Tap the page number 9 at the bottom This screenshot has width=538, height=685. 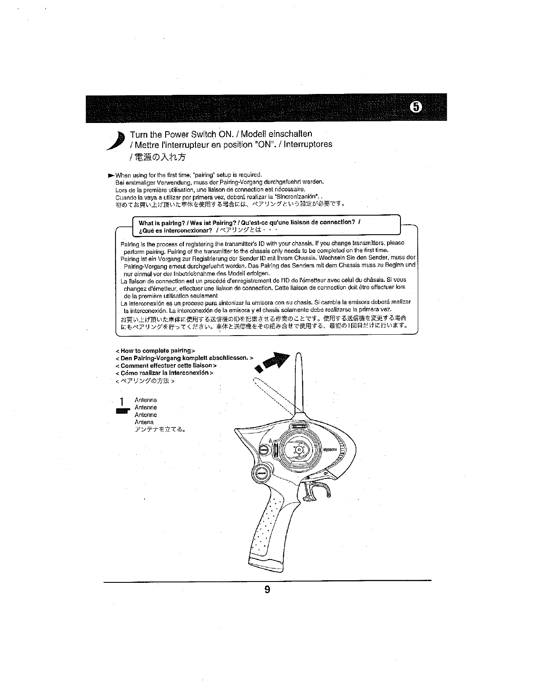click(x=267, y=589)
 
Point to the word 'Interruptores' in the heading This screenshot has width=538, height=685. click(x=307, y=144)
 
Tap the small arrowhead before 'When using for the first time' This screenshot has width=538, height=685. click(x=111, y=175)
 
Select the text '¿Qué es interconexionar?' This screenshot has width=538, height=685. click(x=175, y=230)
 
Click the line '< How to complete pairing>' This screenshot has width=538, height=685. click(x=156, y=350)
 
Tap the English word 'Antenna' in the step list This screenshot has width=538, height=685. click(x=146, y=400)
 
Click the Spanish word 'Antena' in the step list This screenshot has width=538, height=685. click(x=144, y=422)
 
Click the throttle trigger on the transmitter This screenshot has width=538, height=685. click(x=323, y=488)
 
